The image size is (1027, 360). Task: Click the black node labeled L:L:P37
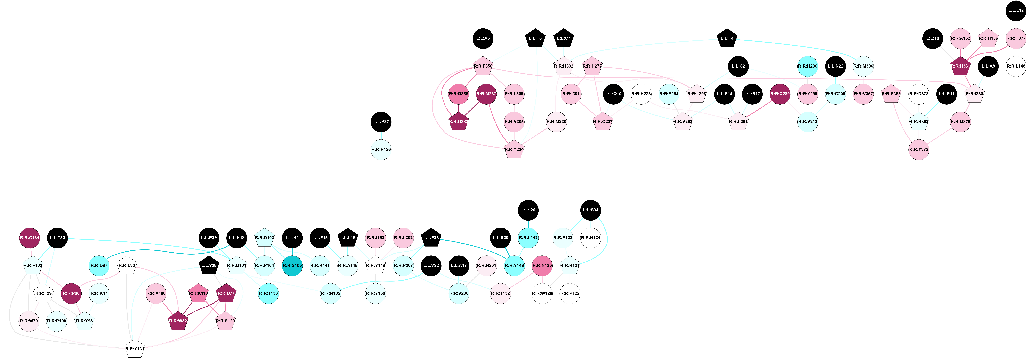381,122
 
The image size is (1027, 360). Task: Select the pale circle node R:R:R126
381,149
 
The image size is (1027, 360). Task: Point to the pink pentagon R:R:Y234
514,149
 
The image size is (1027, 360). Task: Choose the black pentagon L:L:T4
727,38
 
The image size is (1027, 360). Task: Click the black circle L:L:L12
1015,10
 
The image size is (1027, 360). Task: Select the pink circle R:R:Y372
919,149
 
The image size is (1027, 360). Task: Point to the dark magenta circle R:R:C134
30,238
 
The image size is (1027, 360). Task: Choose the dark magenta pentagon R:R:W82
178,321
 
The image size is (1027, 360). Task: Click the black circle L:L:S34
590,210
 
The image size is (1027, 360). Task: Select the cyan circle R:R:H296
807,66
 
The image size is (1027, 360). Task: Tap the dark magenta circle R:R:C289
780,94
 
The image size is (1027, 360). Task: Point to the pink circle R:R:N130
542,266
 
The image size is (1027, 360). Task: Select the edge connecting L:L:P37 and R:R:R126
381,135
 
